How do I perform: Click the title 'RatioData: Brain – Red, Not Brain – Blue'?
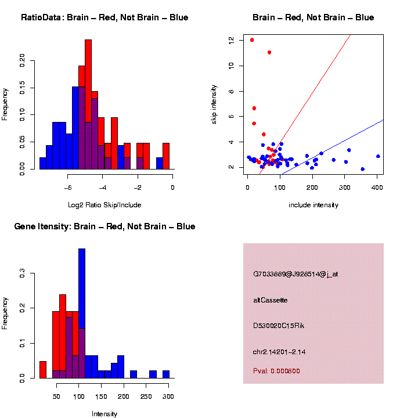[x=105, y=17]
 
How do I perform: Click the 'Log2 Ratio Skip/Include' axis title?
[x=105, y=204]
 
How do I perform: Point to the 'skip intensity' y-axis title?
[x=214, y=103]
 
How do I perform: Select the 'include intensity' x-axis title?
[x=313, y=205]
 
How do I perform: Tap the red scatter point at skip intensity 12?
[x=252, y=40]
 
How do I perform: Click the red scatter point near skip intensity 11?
[x=269, y=52]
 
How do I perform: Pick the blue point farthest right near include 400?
[x=378, y=156]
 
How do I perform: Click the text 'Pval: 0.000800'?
[x=276, y=371]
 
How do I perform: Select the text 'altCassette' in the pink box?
[x=271, y=300]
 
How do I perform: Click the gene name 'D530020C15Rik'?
[x=279, y=326]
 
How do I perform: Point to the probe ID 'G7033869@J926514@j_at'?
[x=296, y=274]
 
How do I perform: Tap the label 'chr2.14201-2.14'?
[x=280, y=352]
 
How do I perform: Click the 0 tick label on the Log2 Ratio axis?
[x=172, y=188]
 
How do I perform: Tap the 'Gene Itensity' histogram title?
[x=105, y=226]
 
